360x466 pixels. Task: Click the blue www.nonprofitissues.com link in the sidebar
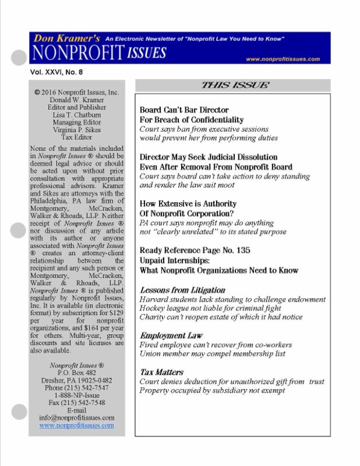77,426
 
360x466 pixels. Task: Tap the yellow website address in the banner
283,59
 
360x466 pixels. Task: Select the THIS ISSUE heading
235,85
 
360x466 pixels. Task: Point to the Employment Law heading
171,336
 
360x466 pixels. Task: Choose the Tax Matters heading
162,372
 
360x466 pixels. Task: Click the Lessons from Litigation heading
182,290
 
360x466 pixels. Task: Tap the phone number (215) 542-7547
77,387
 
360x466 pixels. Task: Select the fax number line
77,403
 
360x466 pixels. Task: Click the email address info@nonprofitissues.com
77,418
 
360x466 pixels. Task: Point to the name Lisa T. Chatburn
77,115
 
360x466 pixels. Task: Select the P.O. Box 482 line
77,372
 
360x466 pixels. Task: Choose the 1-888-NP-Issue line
77,395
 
